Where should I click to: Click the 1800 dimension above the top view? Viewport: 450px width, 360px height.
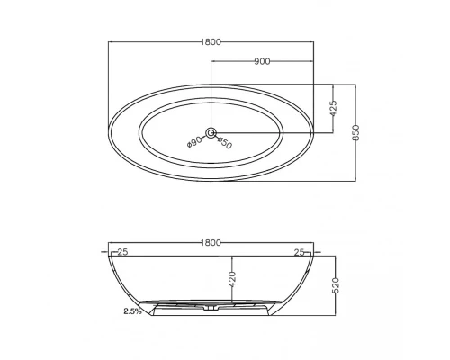211,42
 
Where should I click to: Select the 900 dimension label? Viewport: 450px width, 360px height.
262,61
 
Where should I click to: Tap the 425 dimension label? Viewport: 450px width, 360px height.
333,108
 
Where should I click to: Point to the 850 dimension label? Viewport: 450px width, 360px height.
355,132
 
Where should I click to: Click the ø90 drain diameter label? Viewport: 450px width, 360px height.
194,141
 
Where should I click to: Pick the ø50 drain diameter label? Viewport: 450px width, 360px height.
225,143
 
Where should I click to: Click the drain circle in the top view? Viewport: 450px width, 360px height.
211,132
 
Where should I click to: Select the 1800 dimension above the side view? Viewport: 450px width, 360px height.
211,242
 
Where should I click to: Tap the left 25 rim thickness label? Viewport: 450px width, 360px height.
122,252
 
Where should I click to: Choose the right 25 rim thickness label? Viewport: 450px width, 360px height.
299,253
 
